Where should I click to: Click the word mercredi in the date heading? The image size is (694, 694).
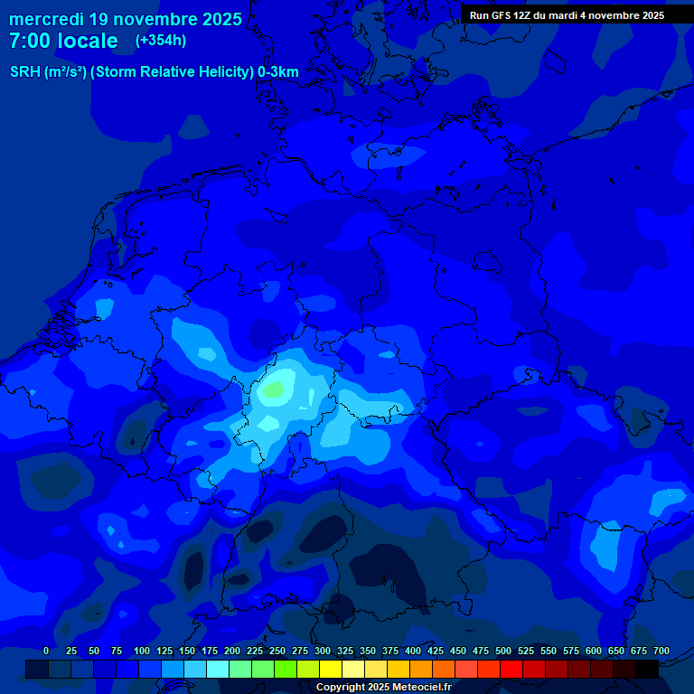(x=46, y=19)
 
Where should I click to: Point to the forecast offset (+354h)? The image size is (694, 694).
(x=161, y=41)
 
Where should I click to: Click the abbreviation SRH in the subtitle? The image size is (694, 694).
(x=24, y=72)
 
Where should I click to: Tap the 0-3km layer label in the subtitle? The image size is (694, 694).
(x=278, y=72)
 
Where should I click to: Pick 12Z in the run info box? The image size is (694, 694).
(x=524, y=15)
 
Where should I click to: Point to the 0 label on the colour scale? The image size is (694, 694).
(x=46, y=651)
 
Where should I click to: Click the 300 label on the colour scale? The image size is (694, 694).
(x=323, y=651)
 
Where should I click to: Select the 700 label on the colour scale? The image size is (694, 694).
(x=661, y=651)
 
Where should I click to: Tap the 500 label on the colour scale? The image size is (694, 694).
(x=503, y=651)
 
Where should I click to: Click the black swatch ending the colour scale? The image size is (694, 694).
(x=647, y=669)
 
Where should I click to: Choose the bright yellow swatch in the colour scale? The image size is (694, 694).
(x=331, y=669)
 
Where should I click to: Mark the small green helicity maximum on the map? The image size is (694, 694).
(x=274, y=390)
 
